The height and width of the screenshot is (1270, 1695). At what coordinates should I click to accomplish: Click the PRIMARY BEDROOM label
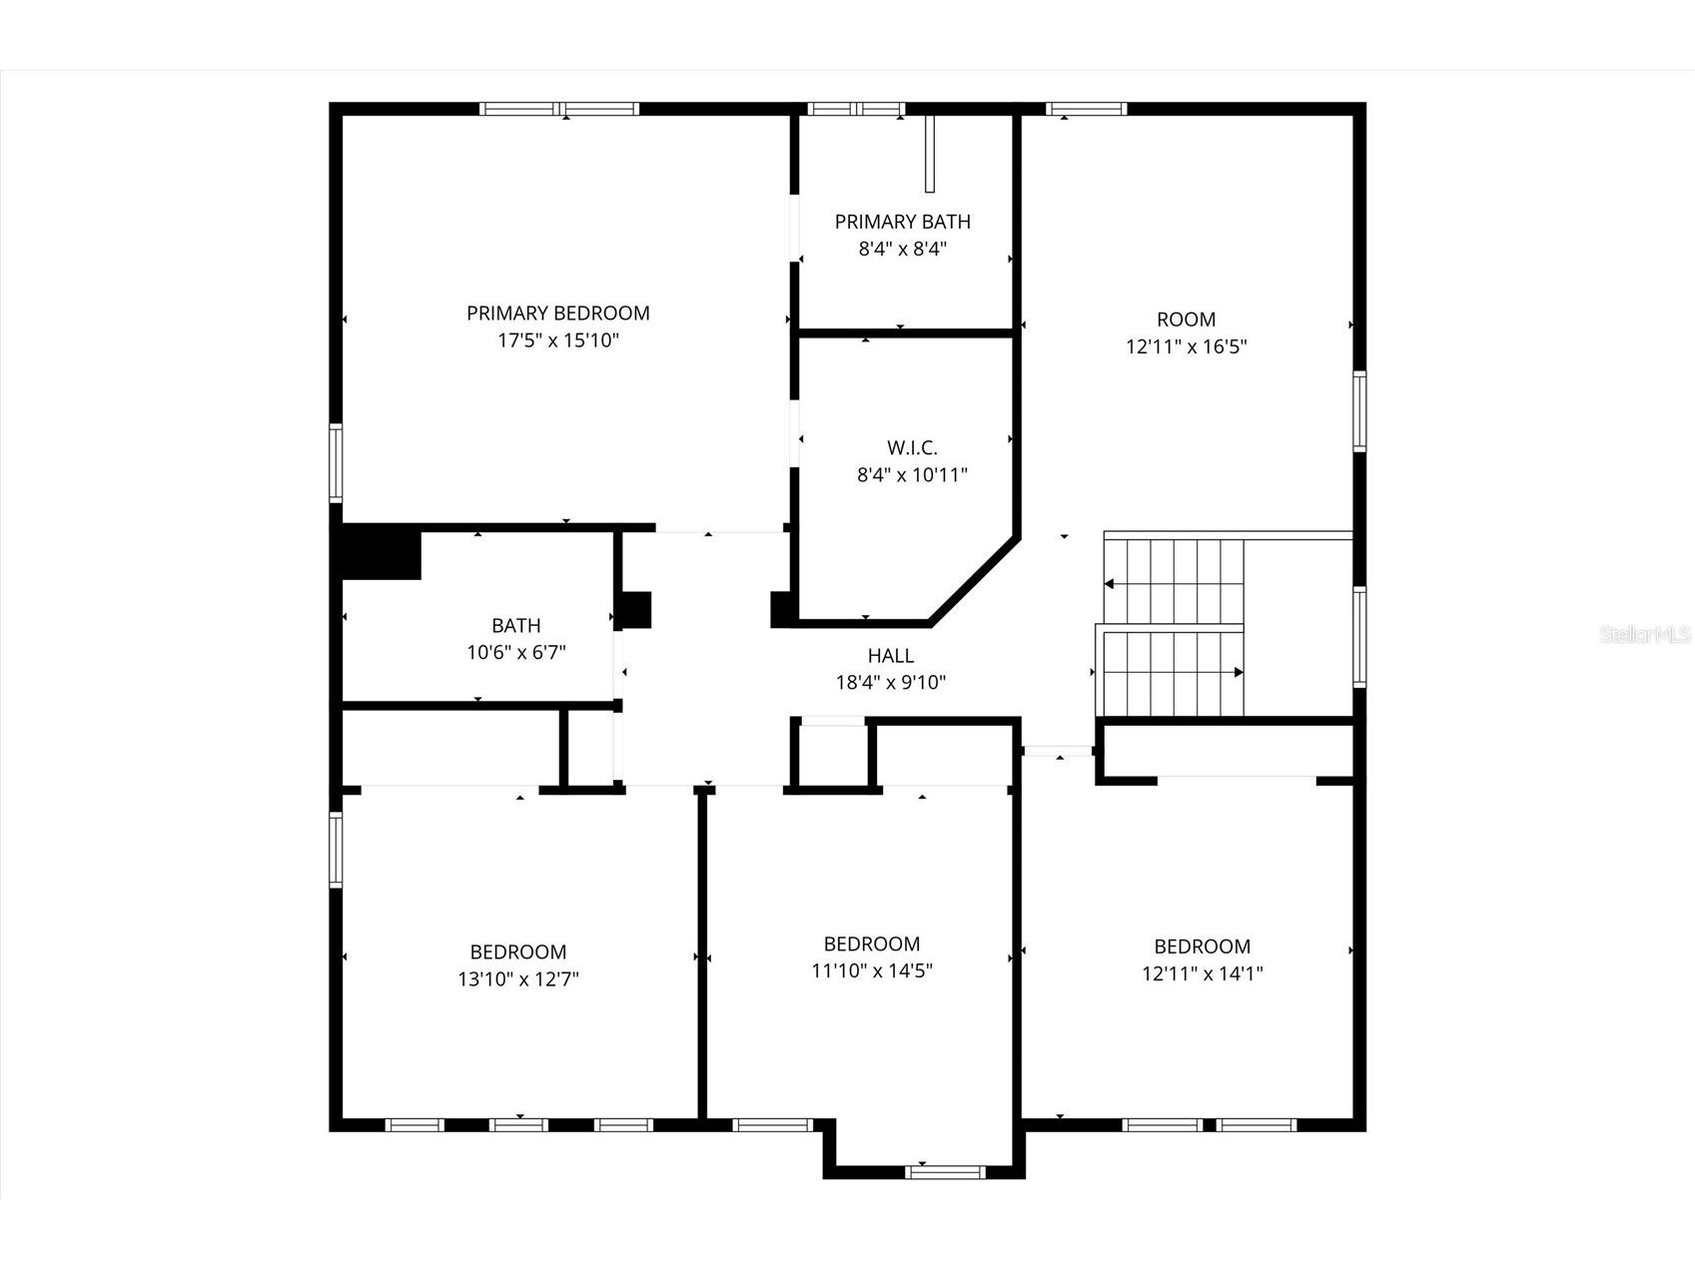[x=557, y=314]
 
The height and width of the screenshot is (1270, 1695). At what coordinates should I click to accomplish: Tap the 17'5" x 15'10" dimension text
[x=557, y=340]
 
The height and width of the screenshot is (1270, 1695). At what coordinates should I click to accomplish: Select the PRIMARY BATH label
[x=902, y=222]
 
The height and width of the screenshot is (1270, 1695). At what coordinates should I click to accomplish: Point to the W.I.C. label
[x=911, y=447]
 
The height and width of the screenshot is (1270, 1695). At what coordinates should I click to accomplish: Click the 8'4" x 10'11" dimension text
[x=911, y=475]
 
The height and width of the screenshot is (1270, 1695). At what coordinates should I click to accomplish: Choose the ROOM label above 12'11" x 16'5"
[x=1186, y=319]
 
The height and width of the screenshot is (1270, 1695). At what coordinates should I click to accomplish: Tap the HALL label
[x=890, y=656]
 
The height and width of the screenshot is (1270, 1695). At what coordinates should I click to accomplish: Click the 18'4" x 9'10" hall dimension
[x=890, y=683]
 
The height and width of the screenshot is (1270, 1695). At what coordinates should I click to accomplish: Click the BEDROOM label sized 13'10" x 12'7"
[x=517, y=952]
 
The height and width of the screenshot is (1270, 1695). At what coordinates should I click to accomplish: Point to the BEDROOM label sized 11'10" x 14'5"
[x=871, y=944]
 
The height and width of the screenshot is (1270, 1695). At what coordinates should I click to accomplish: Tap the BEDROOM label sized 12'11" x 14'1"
[x=1202, y=947]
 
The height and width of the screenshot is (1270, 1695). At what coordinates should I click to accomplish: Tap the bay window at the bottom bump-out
[x=944, y=1172]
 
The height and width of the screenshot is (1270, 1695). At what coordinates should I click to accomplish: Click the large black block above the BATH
[x=381, y=552]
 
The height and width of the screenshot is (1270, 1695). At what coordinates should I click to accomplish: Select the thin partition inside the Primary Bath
[x=929, y=155]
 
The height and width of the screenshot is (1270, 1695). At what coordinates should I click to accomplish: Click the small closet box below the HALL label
[x=832, y=757]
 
